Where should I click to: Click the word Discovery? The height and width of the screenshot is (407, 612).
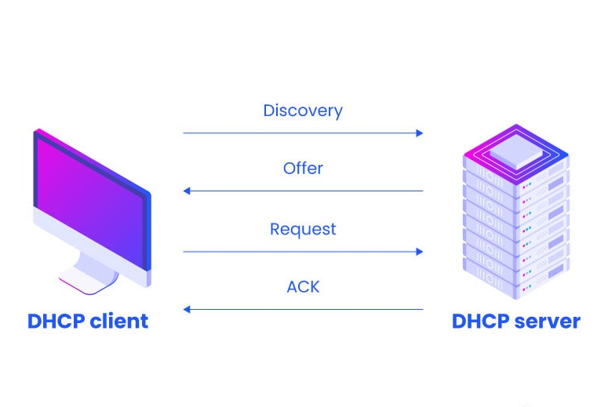click(303, 111)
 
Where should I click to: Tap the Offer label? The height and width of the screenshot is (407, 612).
click(303, 169)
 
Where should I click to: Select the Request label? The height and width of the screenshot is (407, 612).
click(303, 229)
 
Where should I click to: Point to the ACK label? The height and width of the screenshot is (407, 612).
click(303, 287)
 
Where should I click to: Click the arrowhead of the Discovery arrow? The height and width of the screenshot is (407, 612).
click(420, 133)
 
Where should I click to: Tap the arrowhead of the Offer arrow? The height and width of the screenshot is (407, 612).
click(187, 191)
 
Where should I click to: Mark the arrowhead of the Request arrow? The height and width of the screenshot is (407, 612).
click(420, 252)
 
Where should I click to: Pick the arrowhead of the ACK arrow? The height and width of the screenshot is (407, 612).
click(187, 310)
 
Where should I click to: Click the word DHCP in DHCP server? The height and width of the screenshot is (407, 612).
click(478, 322)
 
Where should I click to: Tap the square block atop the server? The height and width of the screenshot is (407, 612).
click(515, 149)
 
